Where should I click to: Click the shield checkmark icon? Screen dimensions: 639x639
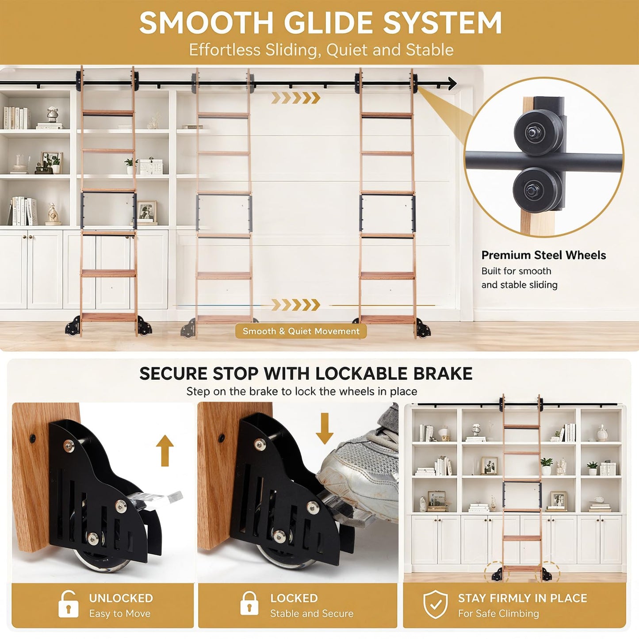click(x=436, y=604)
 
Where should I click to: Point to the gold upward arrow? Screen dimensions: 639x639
click(x=165, y=450)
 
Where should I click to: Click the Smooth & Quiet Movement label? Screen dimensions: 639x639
click(x=301, y=331)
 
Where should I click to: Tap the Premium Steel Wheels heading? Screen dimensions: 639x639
click(x=543, y=255)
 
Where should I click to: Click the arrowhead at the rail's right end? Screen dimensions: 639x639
click(x=452, y=83)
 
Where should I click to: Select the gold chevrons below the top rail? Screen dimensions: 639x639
click(x=296, y=98)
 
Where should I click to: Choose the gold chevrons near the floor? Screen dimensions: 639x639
click(x=296, y=305)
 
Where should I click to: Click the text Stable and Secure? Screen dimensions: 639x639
click(x=312, y=613)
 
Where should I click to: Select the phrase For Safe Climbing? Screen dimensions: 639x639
click(x=498, y=613)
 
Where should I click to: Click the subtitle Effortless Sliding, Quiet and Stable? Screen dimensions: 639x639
click(x=321, y=50)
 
